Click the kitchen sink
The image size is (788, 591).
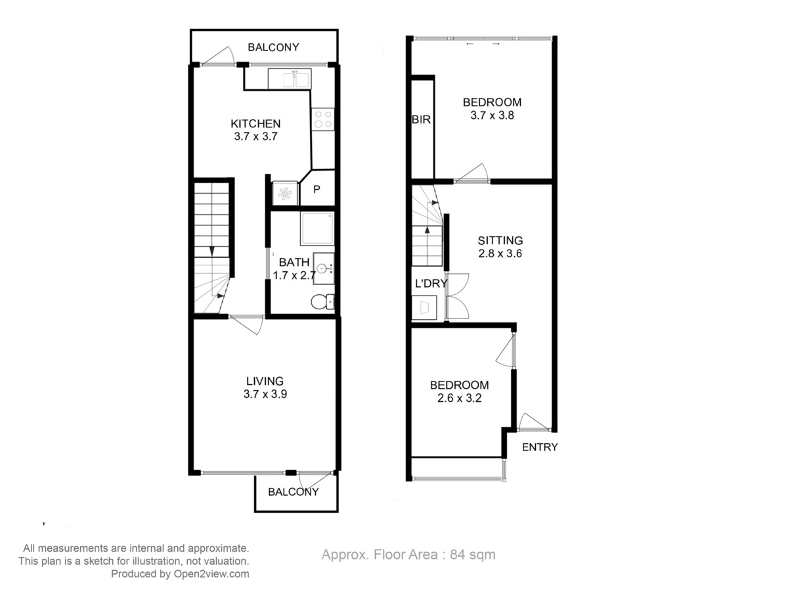[x=290, y=79]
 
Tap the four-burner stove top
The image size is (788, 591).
[x=322, y=120]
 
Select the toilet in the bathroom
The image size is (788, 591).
[x=322, y=302]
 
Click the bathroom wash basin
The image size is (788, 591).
[x=324, y=269]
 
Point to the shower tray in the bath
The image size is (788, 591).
[x=317, y=229]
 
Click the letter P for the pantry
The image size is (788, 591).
[x=317, y=189]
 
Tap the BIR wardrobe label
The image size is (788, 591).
[x=421, y=120]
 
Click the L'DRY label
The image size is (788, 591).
[x=431, y=284]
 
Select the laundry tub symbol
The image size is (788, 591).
[x=424, y=307]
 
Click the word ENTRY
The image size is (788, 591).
[x=540, y=447]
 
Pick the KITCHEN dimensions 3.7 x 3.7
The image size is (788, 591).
[x=255, y=137]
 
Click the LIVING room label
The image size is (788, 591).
[x=265, y=381]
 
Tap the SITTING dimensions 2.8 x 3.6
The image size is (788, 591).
[x=500, y=253]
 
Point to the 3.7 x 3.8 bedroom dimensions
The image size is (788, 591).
[x=492, y=115]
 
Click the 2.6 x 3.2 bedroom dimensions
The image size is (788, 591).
[x=459, y=398]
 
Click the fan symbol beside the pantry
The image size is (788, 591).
[x=285, y=194]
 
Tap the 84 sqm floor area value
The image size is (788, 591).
[x=472, y=554]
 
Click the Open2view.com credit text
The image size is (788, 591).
[x=211, y=574]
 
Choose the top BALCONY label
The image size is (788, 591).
[x=273, y=47]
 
